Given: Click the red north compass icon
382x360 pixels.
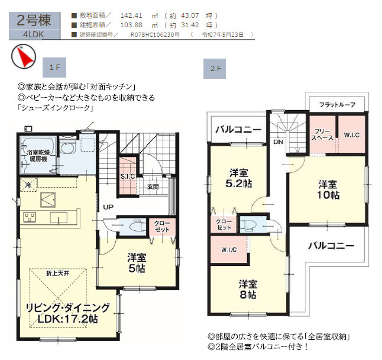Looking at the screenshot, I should (22, 57).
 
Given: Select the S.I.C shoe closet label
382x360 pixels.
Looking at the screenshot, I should (127, 176).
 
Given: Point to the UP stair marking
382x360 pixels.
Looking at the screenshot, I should (109, 207).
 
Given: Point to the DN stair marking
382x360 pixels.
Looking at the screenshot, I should (277, 143).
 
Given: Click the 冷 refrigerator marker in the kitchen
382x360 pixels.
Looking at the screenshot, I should (27, 185).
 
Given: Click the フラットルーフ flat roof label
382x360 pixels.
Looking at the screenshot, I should (337, 105).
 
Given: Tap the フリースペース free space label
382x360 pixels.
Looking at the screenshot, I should (322, 134).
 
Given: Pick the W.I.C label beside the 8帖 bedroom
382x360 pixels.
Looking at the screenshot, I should (229, 249).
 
